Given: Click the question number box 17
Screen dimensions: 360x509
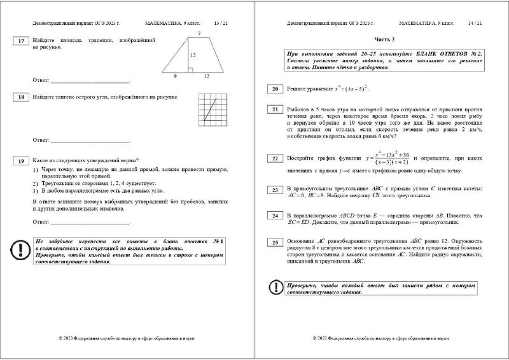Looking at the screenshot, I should pos(20,41).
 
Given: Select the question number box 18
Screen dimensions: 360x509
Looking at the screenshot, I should pos(20,97).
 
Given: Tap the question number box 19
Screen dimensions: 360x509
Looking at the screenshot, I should pos(20,161).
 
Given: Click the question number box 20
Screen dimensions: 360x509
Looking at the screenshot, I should pos(275,89).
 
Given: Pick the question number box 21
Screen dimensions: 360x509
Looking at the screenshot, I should pos(275,109).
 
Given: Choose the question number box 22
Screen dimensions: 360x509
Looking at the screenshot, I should pos(275,158).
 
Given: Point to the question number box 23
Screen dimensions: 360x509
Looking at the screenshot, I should pos(275,190).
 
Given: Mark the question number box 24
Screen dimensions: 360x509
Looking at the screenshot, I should pos(275,216).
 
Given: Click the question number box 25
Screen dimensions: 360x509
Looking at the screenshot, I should pos(275,242).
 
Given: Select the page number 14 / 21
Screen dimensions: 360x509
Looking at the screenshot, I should pos(475,23).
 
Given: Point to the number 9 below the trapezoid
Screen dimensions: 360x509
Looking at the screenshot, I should pos(175,76).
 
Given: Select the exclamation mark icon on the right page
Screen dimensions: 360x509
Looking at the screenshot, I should pos(275,287).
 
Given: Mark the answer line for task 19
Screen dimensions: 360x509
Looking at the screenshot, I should pos(90,223).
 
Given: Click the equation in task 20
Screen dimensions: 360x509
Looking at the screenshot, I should pos(351,88).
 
